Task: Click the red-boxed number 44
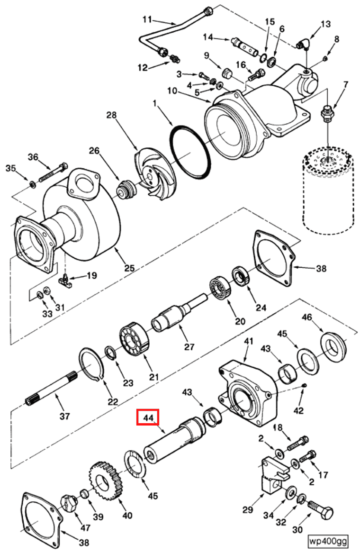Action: [148, 418]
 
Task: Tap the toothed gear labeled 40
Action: [106, 481]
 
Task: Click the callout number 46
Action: [306, 317]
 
